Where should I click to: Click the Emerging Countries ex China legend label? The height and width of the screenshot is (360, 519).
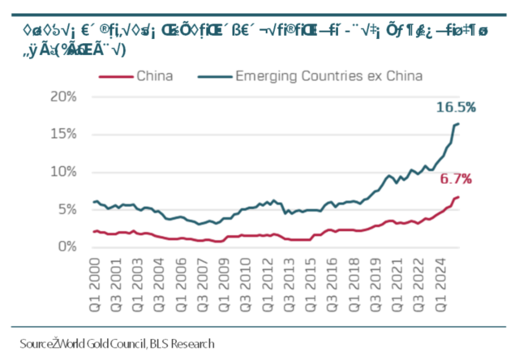(328, 77)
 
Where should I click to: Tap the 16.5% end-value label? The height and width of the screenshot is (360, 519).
(455, 107)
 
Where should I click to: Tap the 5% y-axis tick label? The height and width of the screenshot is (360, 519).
(66, 208)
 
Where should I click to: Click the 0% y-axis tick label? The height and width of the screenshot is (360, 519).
(66, 246)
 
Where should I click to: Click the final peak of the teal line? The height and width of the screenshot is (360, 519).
(458, 123)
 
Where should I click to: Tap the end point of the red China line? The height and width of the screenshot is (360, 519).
(458, 197)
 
